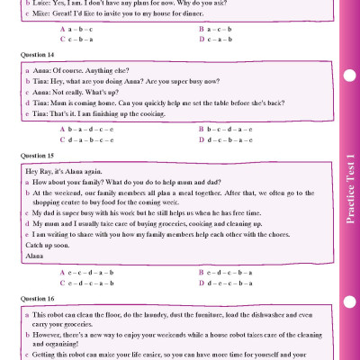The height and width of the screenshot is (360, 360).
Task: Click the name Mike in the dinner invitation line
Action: point(41,14)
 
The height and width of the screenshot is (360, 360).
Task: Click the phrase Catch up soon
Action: point(47,244)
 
